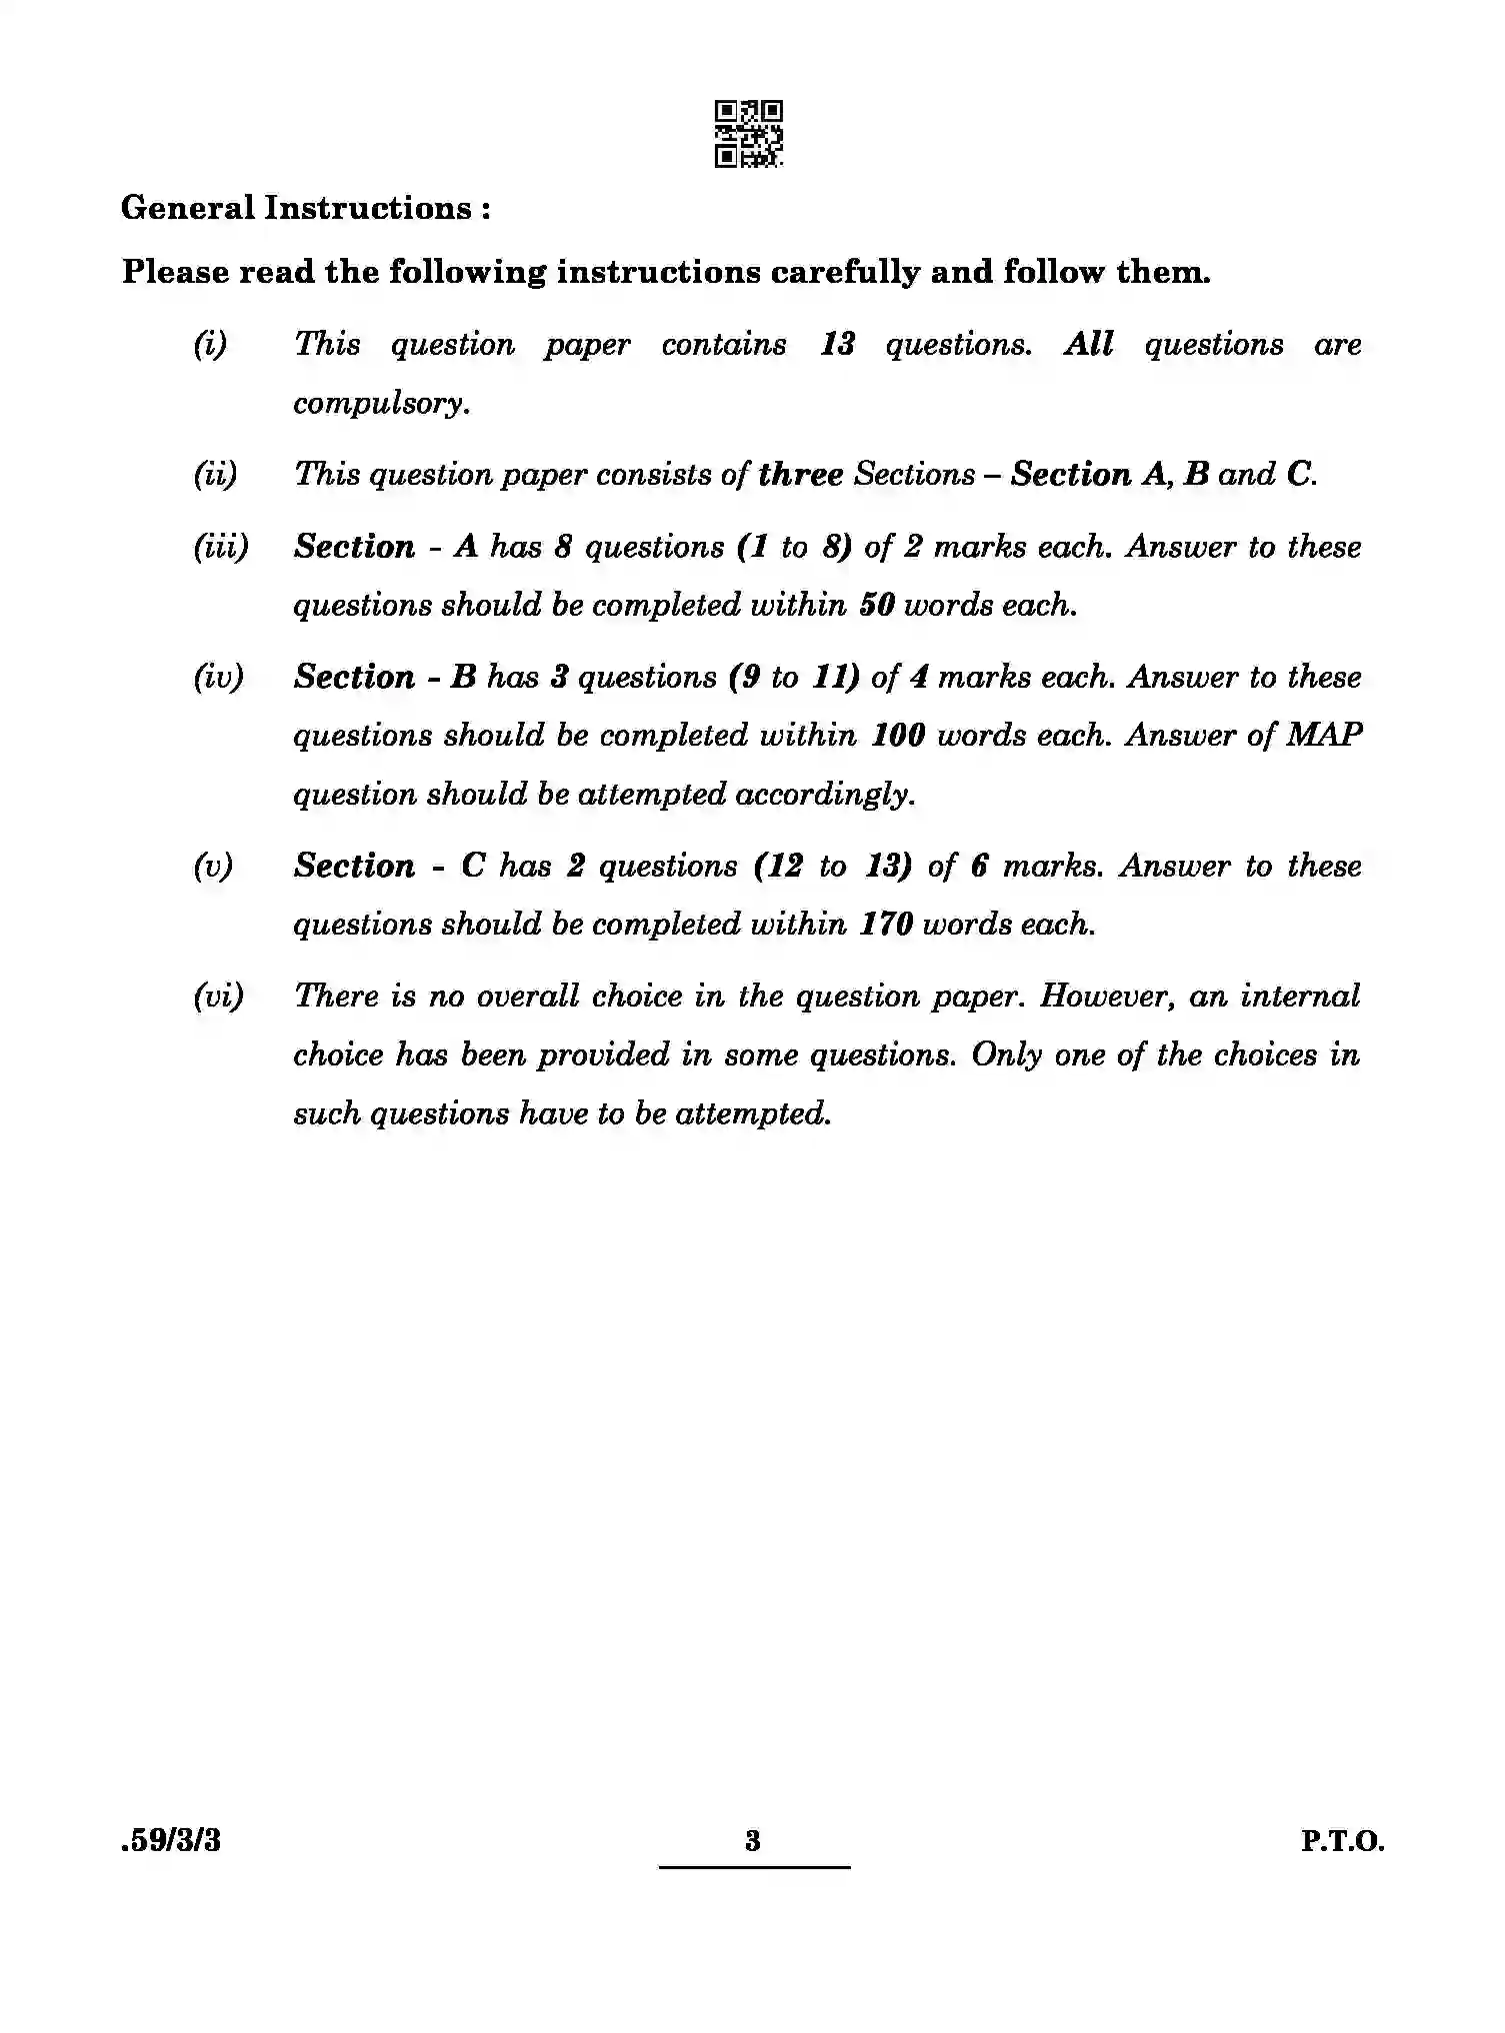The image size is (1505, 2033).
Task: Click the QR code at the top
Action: pos(749,133)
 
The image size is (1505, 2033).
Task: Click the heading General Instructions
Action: pos(305,208)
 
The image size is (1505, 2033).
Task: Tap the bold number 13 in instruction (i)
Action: pos(837,345)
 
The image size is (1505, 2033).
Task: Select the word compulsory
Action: pos(381,404)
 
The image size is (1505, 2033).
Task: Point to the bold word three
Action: pos(800,475)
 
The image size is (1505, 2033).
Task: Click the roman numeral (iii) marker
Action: pos(220,547)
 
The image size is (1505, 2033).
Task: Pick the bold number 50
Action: pos(876,606)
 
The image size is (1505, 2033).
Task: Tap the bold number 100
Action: pos(898,736)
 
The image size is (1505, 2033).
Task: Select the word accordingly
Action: pos(825,795)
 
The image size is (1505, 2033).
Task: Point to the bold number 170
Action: pos(886,925)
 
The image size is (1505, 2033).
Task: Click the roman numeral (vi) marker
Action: pos(218,997)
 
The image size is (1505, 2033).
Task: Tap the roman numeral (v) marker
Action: pos(213,866)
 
